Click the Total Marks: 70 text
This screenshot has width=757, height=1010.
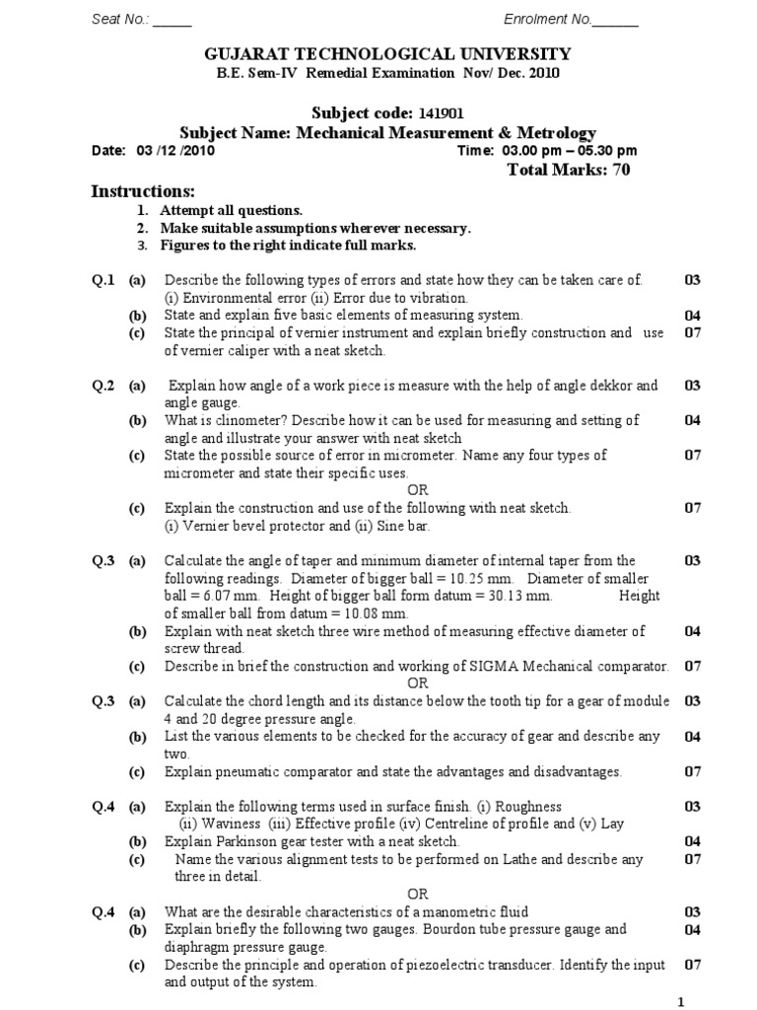click(568, 170)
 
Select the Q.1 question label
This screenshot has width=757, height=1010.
click(103, 280)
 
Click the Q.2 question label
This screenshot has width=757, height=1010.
click(103, 385)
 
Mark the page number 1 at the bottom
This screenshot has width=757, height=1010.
click(680, 1002)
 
